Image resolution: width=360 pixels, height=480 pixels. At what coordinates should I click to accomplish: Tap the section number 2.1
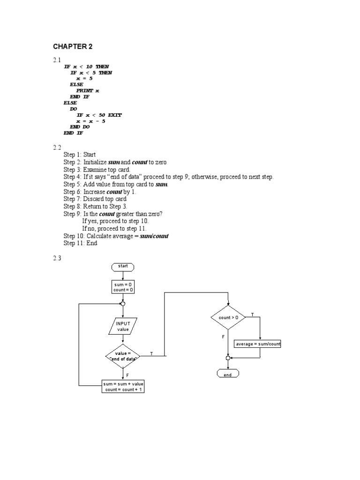57,60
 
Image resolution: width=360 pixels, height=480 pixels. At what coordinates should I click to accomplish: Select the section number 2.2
57,148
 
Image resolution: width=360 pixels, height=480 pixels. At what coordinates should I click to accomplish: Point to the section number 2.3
57,258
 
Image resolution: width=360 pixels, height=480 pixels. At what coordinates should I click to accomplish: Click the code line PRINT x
88,90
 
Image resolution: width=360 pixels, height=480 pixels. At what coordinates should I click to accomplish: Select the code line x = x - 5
91,121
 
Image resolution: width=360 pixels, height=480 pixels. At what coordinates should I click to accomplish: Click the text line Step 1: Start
80,155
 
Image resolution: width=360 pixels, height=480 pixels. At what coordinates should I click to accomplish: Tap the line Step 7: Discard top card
95,199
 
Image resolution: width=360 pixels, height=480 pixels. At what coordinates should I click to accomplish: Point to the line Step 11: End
81,243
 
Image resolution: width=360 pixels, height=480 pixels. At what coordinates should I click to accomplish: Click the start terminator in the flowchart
123,266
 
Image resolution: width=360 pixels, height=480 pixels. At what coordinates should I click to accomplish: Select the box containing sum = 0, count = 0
123,287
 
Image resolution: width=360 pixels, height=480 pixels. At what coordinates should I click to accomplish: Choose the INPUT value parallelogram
123,326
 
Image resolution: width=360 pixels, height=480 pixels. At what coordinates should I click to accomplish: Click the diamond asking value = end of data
123,356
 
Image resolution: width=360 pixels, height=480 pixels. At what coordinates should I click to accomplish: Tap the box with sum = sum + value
123,387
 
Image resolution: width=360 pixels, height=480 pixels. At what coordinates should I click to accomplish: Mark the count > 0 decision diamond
228,317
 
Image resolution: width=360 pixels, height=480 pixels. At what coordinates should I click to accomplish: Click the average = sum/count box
257,344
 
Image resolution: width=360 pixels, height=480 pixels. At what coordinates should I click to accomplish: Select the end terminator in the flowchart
228,375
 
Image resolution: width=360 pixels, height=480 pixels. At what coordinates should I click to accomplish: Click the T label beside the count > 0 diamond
253,315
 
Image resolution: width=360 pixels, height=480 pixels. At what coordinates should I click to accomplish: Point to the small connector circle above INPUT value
123,304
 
